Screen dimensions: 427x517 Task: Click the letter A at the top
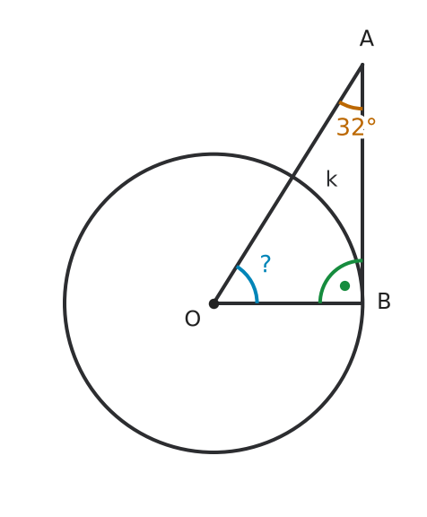coord(367,39)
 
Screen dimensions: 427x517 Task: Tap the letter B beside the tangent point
coord(384,301)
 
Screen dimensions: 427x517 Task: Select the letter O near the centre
coord(192,319)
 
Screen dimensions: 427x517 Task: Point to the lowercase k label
coord(331,179)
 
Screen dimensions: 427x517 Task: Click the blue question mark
coord(266,263)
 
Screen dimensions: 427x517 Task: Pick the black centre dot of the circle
coord(213,303)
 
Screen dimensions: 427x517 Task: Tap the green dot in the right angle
coord(344,285)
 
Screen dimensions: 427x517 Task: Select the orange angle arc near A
coord(350,107)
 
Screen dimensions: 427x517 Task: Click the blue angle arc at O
coord(252,280)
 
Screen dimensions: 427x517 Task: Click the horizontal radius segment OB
coord(288,303)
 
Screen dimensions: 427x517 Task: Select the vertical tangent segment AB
coord(362,183)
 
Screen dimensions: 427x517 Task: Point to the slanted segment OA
coord(288,184)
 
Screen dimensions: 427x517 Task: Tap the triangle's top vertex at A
coord(362,64)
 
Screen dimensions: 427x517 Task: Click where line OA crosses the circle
coord(292,178)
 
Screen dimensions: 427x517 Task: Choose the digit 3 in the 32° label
coord(343,127)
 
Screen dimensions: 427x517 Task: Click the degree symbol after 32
coord(370,122)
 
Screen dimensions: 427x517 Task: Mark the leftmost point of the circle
coord(65,303)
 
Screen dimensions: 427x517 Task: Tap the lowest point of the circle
coord(213,452)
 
